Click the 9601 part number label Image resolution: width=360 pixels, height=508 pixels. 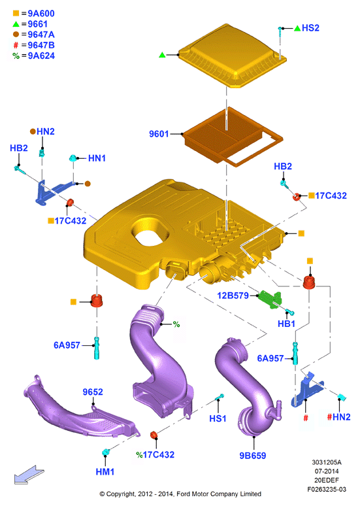click(159, 134)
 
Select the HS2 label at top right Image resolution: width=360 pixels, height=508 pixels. click(310, 28)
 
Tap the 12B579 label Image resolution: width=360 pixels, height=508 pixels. click(233, 296)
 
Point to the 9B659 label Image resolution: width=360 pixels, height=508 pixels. click(252, 456)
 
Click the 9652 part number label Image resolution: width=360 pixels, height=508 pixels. click(93, 392)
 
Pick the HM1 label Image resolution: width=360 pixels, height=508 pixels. click(105, 472)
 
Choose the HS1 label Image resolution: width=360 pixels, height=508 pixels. click(218, 418)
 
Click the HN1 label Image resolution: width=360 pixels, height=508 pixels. click(97, 158)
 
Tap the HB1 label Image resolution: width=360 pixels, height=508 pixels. click(286, 324)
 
